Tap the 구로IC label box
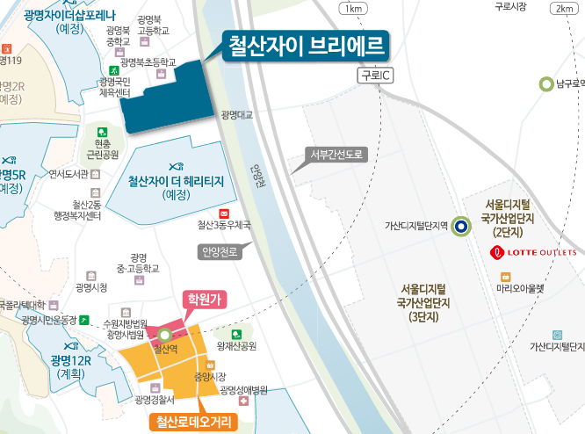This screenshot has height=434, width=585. (375, 77)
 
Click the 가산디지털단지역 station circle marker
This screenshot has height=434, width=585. (463, 226)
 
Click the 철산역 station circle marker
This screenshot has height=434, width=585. (164, 334)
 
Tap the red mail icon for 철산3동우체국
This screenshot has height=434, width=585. (223, 213)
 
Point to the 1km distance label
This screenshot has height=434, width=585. (353, 9)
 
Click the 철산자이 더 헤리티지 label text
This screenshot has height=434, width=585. (177, 182)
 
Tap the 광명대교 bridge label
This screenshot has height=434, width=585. (237, 115)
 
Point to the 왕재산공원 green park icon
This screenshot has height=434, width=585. (235, 334)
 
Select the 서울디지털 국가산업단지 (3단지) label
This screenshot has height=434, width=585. (424, 302)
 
